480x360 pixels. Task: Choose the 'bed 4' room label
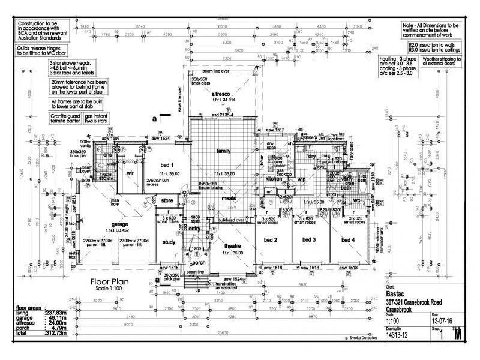click(x=347, y=240)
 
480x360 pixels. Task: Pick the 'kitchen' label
click(x=274, y=179)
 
